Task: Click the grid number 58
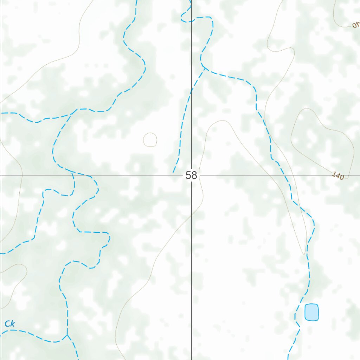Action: click(191, 175)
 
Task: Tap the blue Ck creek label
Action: click(9, 324)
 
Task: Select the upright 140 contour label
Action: click(337, 176)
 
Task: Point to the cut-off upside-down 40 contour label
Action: click(356, 25)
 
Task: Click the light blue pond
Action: click(311, 312)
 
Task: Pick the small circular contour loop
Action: click(150, 140)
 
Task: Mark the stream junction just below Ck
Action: click(67, 335)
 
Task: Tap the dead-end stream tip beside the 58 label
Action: click(173, 172)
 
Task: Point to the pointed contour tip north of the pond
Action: click(304, 253)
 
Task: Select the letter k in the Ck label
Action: click(12, 324)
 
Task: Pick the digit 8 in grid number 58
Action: click(194, 175)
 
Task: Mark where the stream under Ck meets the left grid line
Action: click(2, 332)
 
